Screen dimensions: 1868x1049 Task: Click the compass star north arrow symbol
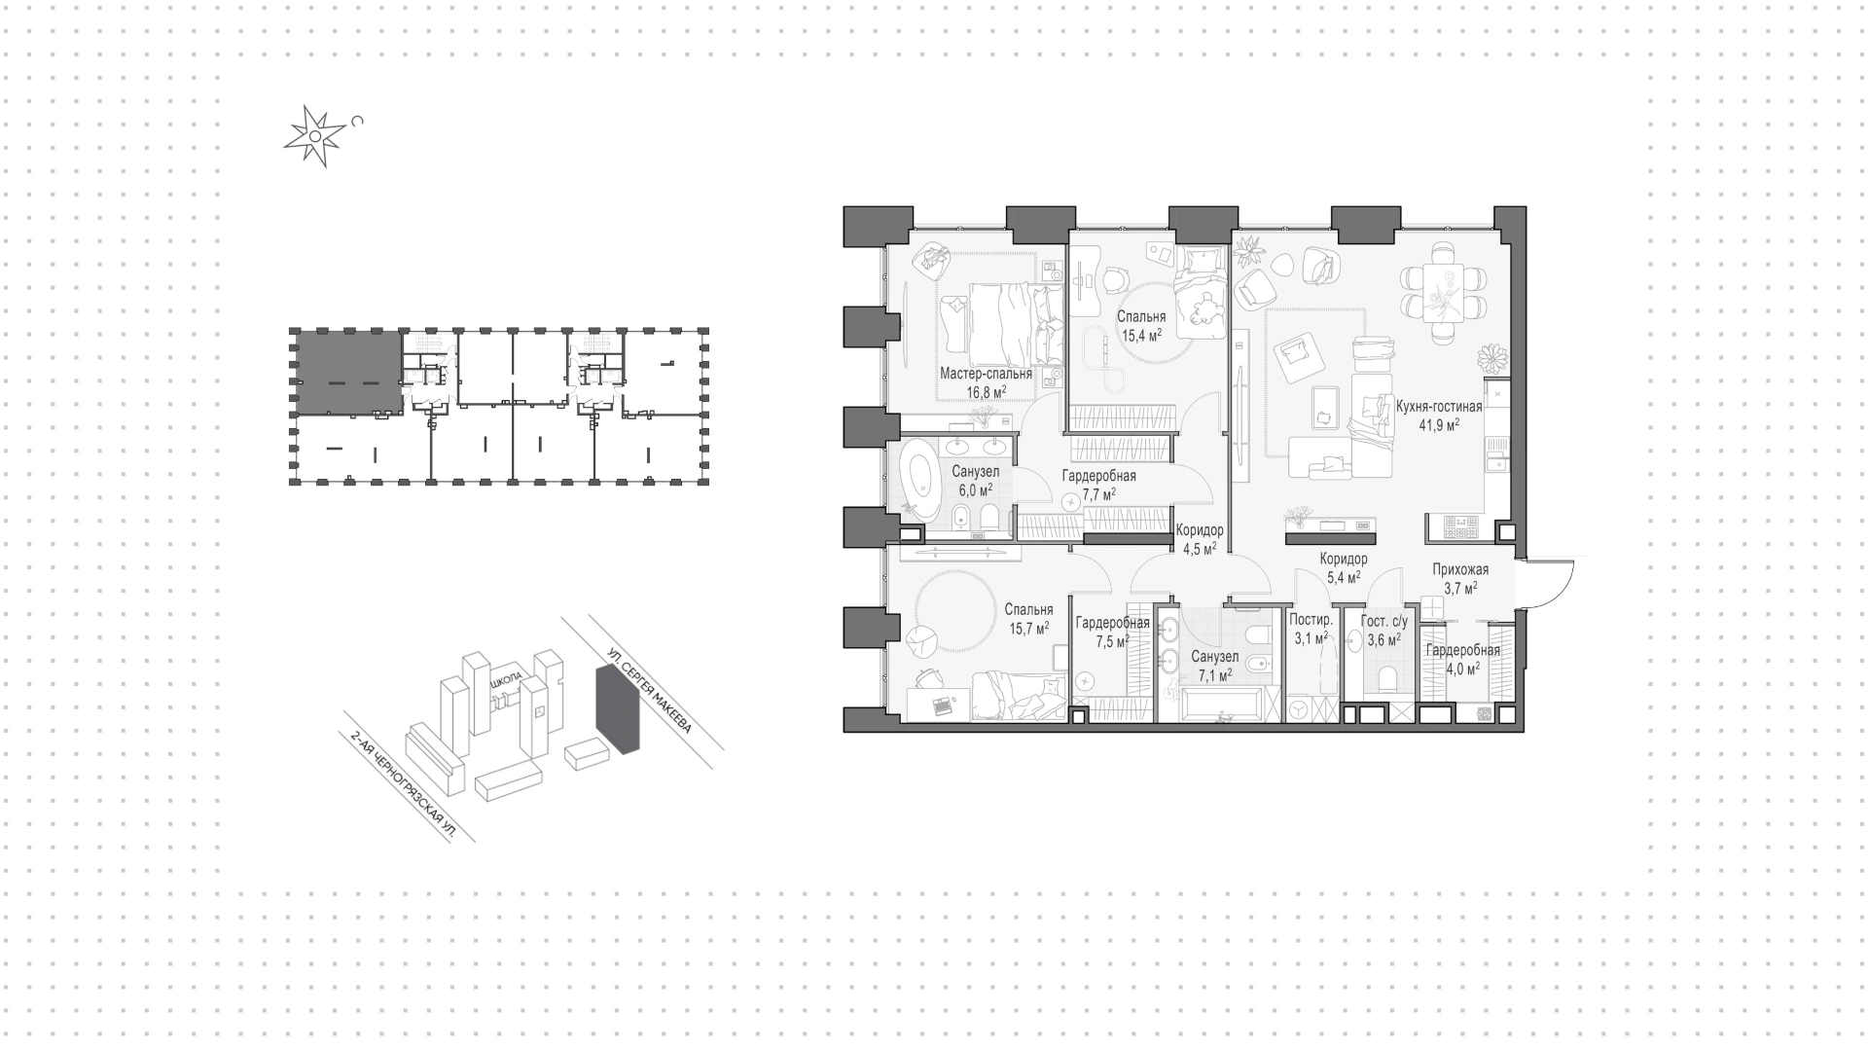[x=314, y=137]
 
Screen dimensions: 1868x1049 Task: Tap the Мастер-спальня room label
[x=986, y=373]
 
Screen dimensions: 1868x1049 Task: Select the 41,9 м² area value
[x=1439, y=425]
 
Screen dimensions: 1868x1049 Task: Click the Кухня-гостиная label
[x=1439, y=407]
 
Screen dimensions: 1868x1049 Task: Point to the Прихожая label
[x=1460, y=569]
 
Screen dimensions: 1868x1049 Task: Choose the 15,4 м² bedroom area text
[x=1141, y=337]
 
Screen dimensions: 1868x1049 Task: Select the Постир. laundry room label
[x=1309, y=620]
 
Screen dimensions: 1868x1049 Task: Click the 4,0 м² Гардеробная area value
[x=1462, y=669]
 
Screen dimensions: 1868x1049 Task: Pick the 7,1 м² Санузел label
[x=1215, y=666]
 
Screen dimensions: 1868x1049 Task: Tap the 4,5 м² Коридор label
[x=1200, y=540]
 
